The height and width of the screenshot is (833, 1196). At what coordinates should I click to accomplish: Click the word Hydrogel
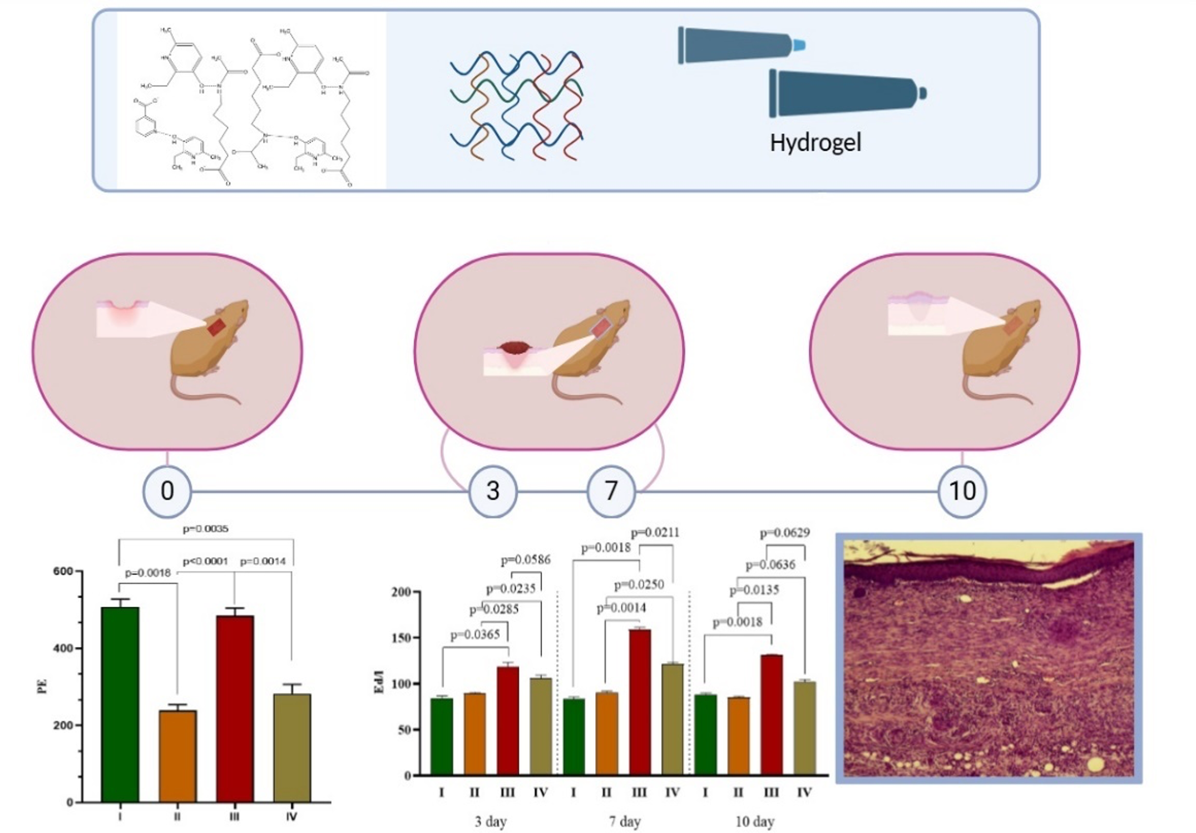pyautogui.click(x=815, y=143)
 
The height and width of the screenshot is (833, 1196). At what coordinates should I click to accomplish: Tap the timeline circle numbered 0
pyautogui.click(x=167, y=491)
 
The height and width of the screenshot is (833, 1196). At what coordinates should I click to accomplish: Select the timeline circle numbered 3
pyautogui.click(x=493, y=491)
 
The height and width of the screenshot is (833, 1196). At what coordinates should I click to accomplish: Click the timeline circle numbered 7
pyautogui.click(x=611, y=491)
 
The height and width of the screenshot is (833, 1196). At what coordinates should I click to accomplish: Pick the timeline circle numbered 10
pyautogui.click(x=962, y=491)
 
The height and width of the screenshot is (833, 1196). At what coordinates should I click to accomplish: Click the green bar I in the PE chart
pyautogui.click(x=120, y=703)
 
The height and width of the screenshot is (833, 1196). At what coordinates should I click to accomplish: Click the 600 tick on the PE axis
pyautogui.click(x=63, y=572)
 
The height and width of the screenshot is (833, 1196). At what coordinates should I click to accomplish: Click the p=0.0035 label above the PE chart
pyautogui.click(x=205, y=529)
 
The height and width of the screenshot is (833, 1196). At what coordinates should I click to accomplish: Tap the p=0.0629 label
pyautogui.click(x=784, y=533)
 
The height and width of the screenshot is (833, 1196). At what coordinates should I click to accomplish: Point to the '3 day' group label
pyautogui.click(x=491, y=821)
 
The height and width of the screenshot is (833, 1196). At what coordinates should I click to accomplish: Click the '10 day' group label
pyautogui.click(x=754, y=821)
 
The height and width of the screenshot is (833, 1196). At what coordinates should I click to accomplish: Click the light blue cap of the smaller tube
pyautogui.click(x=798, y=45)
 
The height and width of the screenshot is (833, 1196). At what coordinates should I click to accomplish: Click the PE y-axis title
pyautogui.click(x=42, y=687)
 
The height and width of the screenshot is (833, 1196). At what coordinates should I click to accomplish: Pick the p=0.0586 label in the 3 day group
pyautogui.click(x=525, y=560)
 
